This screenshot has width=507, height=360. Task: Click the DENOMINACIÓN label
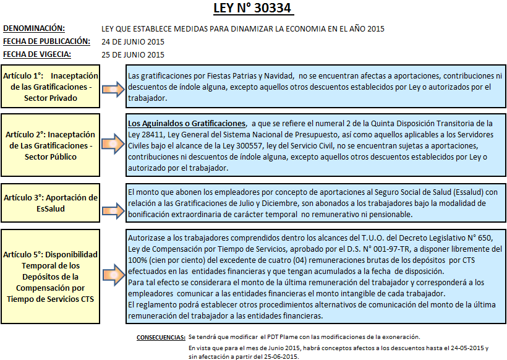point(34,28)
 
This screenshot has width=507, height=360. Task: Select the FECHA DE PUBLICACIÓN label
point(46,41)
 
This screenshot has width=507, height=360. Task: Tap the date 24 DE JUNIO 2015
point(133,42)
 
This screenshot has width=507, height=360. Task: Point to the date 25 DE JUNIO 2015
point(133,54)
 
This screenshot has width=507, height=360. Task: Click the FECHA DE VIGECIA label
point(36,54)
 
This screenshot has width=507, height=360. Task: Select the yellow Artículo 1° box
point(50,87)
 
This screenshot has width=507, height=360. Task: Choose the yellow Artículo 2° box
point(50,145)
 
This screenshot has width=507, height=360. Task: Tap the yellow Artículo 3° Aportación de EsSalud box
point(50,203)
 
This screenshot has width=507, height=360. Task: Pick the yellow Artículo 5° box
point(50,276)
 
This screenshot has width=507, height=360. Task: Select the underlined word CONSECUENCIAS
point(160,337)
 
